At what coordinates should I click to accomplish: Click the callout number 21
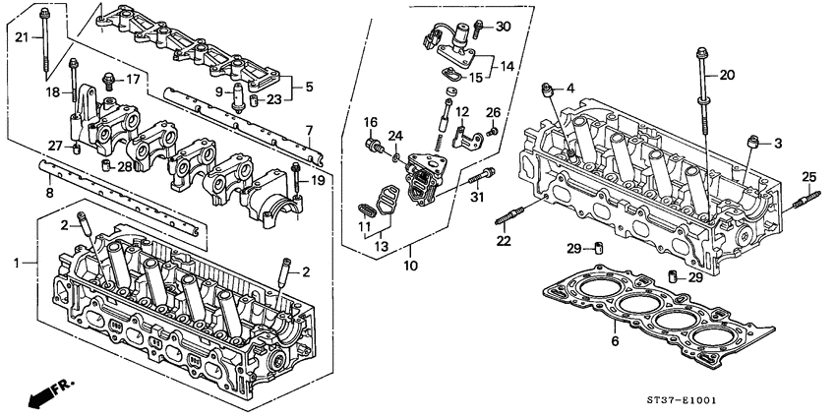point(22,37)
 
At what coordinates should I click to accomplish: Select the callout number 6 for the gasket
point(616,343)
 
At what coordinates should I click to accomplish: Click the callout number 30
point(504,26)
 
